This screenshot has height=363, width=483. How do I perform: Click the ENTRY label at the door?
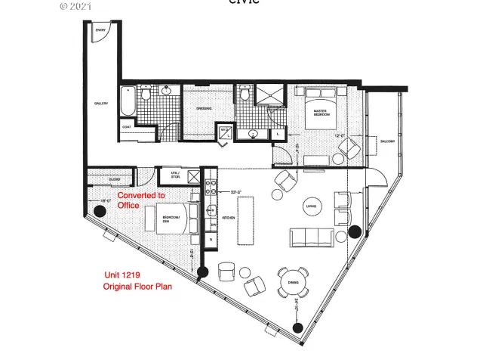coord(100,31)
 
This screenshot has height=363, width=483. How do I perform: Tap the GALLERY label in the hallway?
coord(100,104)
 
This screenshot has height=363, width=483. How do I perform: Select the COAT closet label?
coord(127,126)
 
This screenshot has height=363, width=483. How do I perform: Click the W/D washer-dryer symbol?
coord(225,132)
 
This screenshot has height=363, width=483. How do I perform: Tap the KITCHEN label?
coord(228,218)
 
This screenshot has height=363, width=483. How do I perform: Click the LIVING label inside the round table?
coord(310,206)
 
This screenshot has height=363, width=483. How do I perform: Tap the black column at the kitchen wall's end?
coord(202,272)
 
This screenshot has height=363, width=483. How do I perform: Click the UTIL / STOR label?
coord(175,176)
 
